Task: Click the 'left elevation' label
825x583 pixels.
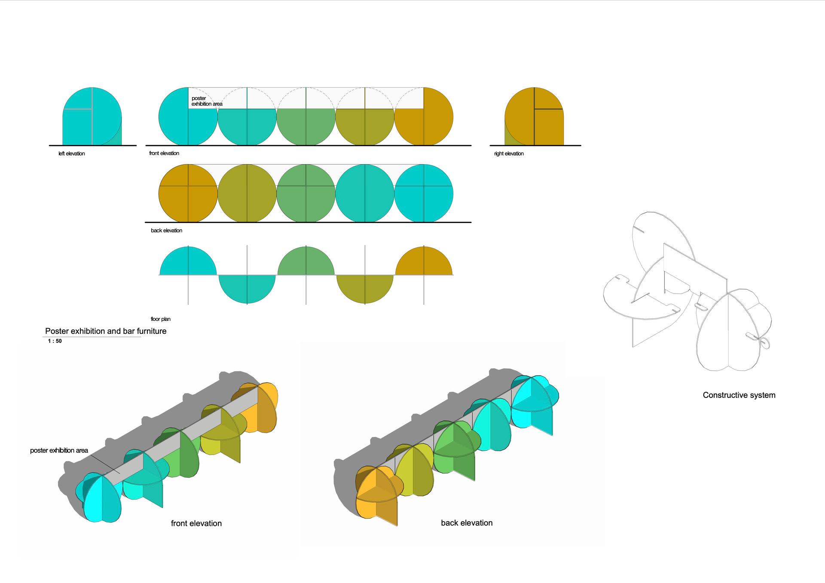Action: pyautogui.click(x=72, y=154)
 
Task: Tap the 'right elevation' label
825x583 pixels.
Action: pyautogui.click(x=509, y=154)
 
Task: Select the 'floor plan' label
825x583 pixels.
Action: pyautogui.click(x=161, y=319)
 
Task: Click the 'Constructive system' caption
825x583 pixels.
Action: pyautogui.click(x=739, y=395)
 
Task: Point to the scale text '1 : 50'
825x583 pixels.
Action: pyautogui.click(x=55, y=341)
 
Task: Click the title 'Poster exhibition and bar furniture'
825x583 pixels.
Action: pyautogui.click(x=106, y=331)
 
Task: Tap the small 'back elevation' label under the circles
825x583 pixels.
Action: pyautogui.click(x=167, y=231)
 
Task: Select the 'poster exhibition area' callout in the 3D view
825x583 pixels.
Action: pyautogui.click(x=59, y=450)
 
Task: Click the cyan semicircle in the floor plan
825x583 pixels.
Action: pyautogui.click(x=188, y=261)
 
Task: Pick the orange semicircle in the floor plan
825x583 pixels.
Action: pyautogui.click(x=424, y=261)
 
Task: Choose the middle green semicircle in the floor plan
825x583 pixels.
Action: pyautogui.click(x=306, y=261)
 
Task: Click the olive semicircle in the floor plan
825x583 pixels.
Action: pyautogui.click(x=365, y=289)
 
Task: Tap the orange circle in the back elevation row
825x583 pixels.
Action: pyautogui.click(x=188, y=193)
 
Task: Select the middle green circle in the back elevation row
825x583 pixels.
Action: pyautogui.click(x=306, y=193)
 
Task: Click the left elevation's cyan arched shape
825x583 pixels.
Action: pyautogui.click(x=92, y=116)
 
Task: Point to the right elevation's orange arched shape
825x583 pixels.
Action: pyautogui.click(x=534, y=116)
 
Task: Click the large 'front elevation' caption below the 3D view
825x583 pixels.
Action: pyautogui.click(x=196, y=523)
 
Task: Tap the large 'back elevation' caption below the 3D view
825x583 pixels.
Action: pyautogui.click(x=467, y=523)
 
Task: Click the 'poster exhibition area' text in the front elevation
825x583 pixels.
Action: pyautogui.click(x=207, y=101)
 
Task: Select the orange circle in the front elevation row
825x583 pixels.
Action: pyautogui.click(x=424, y=116)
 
